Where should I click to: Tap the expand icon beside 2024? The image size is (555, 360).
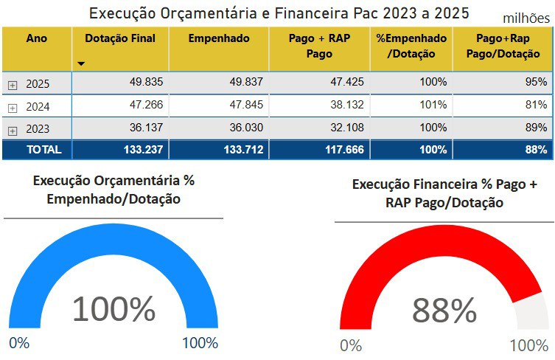coord(13,108)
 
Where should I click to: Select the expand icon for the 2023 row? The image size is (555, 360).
coord(13,131)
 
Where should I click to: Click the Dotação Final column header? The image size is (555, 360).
coord(120,39)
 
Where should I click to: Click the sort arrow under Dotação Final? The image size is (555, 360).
coord(81,64)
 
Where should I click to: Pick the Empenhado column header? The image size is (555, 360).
coord(219,39)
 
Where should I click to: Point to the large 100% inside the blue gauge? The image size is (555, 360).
coord(114,308)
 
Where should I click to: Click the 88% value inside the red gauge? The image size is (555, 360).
coord(444,311)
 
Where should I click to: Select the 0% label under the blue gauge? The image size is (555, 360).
coord(19,343)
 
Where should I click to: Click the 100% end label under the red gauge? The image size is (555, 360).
coord(529,345)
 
